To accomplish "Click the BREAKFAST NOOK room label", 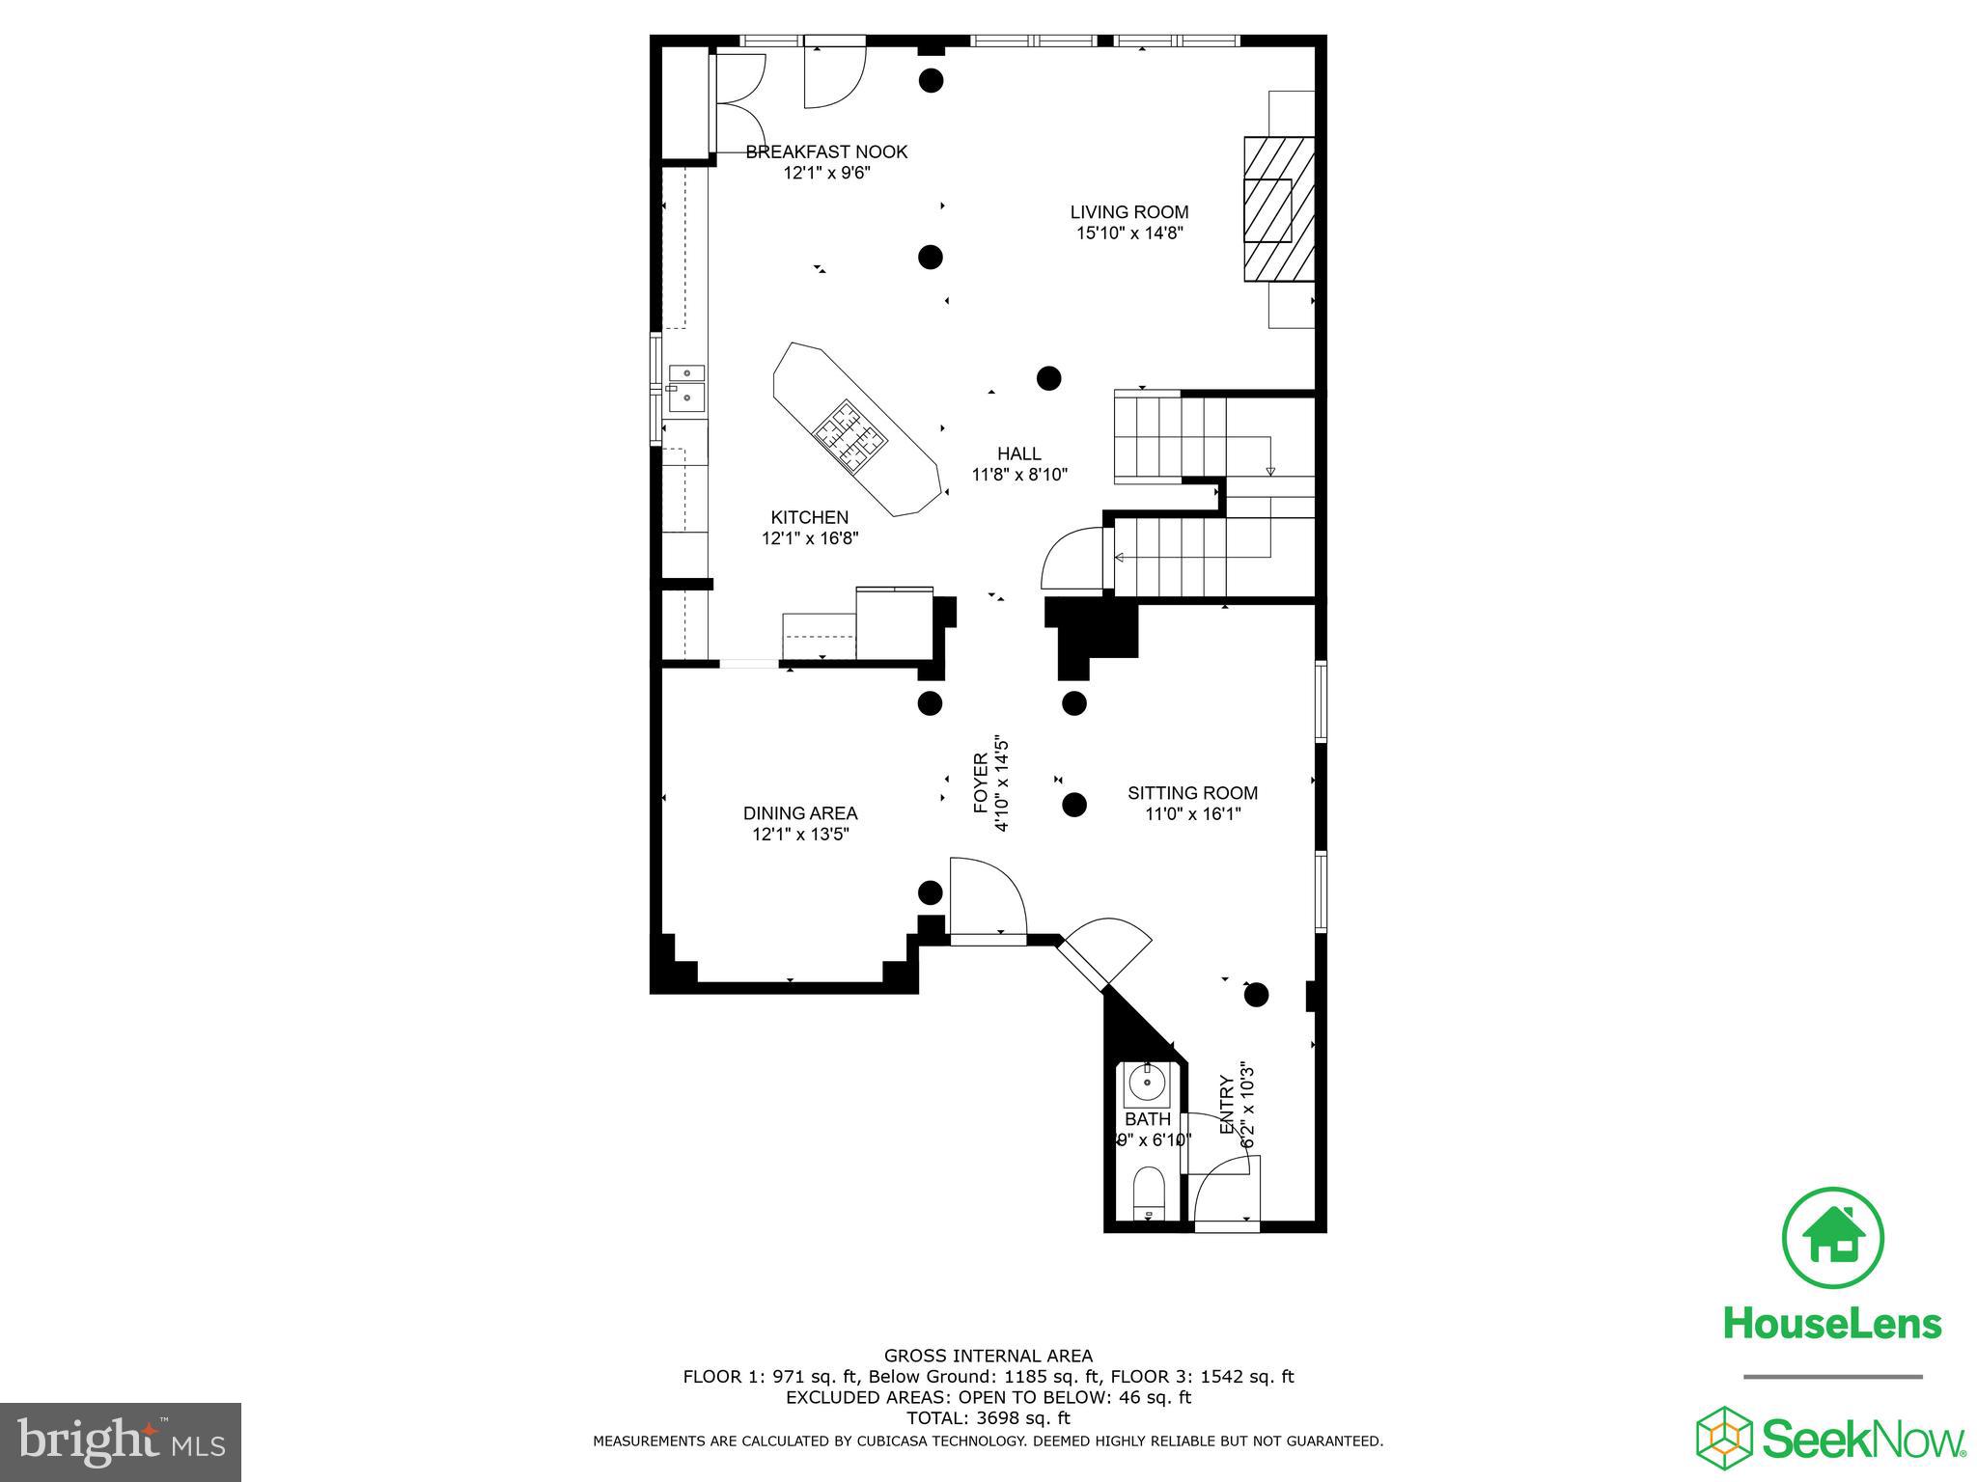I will [826, 151].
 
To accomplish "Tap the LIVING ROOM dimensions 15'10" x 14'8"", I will [1128, 233].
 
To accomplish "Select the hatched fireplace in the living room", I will [1278, 209].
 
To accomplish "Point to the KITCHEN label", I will [809, 518].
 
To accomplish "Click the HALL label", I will [1018, 453].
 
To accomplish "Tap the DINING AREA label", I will [799, 813].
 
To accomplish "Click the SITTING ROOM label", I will [1192, 793].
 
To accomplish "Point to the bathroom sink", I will [1147, 1086].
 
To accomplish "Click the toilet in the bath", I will [1148, 1194].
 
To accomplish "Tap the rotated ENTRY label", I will [1228, 1105].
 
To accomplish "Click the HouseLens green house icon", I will [1831, 1238].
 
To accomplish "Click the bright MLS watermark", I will [120, 1442].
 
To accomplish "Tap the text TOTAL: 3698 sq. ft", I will [988, 1418].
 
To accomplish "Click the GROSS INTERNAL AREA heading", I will [988, 1356].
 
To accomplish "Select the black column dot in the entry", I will [1255, 994].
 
